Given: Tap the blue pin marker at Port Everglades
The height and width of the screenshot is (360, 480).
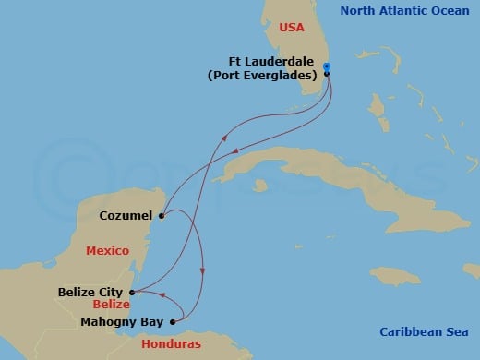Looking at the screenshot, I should [327, 67].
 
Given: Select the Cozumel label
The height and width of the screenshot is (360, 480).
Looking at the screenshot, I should [126, 217].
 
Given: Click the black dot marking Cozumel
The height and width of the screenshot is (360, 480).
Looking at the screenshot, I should [161, 217].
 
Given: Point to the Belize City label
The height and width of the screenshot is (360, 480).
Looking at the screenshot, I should [90, 292].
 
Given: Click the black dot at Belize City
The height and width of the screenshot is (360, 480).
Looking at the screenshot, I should [130, 292].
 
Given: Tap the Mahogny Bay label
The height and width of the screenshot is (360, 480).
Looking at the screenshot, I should [122, 322].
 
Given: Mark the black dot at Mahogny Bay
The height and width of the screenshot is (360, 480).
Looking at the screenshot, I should [172, 322].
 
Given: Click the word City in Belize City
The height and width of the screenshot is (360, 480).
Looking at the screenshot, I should [109, 292].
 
